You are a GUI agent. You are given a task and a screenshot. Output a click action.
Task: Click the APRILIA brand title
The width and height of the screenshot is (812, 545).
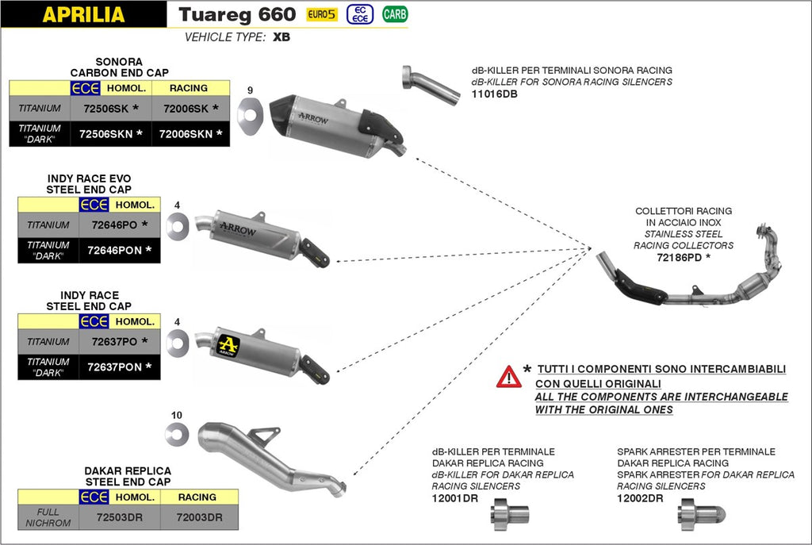point(83,14)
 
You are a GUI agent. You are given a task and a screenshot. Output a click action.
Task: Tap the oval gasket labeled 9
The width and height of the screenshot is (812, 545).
point(252,109)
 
